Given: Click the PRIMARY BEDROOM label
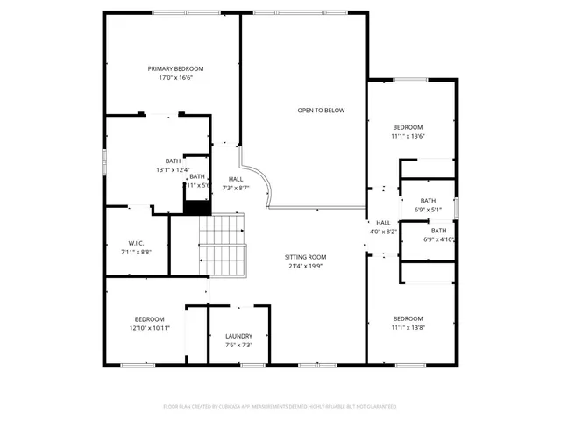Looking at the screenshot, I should (x=175, y=69).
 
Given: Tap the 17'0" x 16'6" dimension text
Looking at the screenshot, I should (x=175, y=78).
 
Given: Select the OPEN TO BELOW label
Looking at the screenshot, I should (x=321, y=111).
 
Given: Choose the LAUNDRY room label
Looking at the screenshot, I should (x=238, y=336).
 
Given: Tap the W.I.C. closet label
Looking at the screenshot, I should (x=136, y=243).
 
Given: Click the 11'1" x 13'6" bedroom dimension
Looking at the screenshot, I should (x=408, y=136).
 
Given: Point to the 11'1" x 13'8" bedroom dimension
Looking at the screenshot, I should (x=408, y=327).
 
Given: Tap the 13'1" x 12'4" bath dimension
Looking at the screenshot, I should (x=173, y=169).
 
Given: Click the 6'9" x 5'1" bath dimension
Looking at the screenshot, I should (x=428, y=210).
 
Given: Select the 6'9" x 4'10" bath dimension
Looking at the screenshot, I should (x=437, y=239).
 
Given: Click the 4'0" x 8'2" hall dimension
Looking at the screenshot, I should (x=384, y=232).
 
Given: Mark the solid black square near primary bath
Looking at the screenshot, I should (x=196, y=204).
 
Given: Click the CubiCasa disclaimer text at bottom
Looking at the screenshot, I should (x=280, y=407).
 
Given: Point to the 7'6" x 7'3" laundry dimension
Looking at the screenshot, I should (x=238, y=345).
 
